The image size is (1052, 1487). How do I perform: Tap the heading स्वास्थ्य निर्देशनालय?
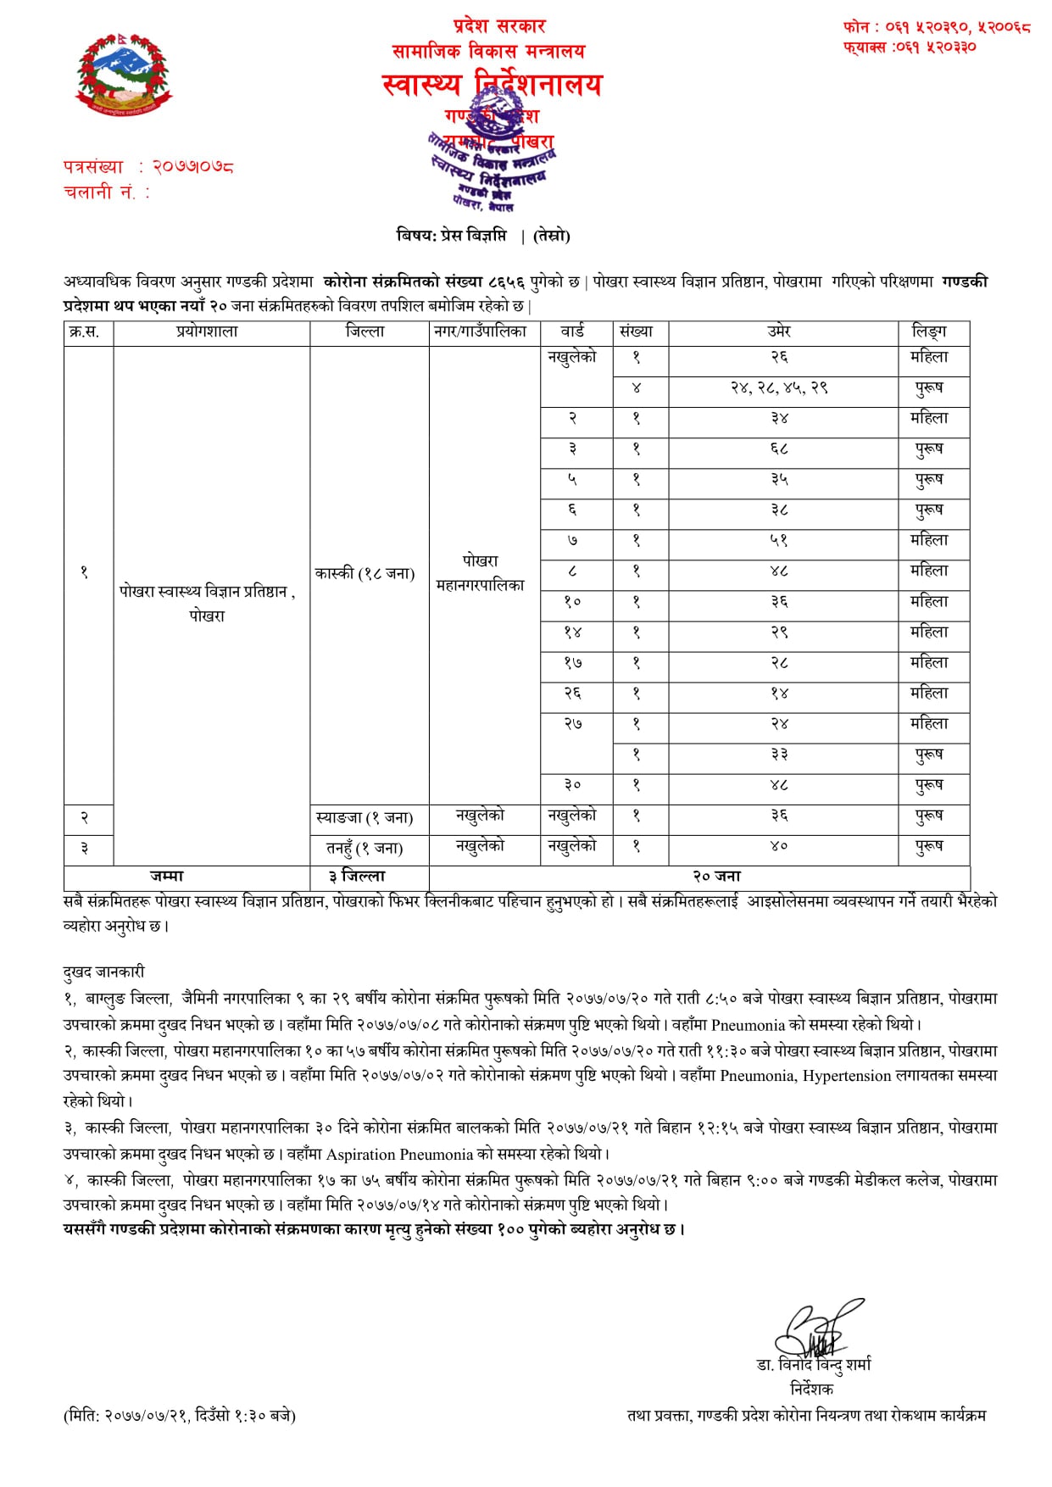coord(492,84)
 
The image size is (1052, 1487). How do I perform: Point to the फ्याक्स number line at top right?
coord(909,47)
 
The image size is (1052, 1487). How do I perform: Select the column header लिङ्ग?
coord(929,332)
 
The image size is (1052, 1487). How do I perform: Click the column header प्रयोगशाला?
coord(208,332)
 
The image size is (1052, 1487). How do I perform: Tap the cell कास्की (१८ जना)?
coord(365,574)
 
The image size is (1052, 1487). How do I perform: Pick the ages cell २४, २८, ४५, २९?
coord(780,387)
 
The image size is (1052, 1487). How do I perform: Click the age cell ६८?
coord(780,448)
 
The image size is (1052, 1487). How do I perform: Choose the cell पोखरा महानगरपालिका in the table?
coord(481,573)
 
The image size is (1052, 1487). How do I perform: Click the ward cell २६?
coord(573,693)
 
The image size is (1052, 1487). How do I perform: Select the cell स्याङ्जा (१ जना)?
coord(365,818)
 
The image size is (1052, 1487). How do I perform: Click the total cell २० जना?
coord(716,877)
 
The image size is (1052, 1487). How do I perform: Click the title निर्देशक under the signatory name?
coord(811,1389)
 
